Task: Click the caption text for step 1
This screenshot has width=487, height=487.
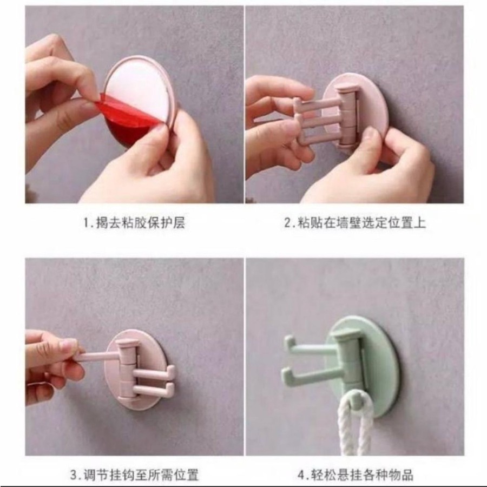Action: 134,223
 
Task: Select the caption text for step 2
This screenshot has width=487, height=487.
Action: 354,223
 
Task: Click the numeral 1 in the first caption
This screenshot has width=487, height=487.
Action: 87,223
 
